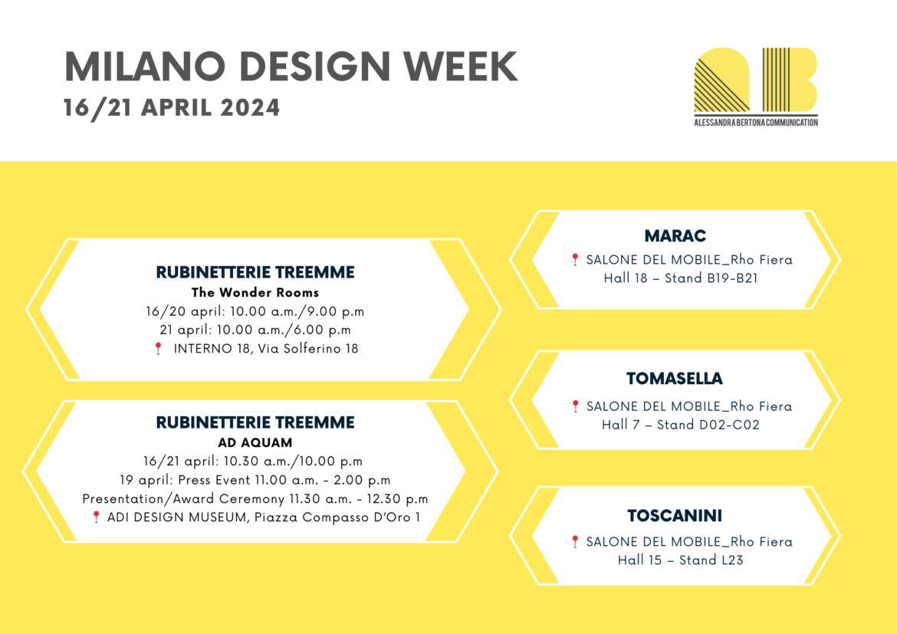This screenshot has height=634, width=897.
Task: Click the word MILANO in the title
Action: [x=146, y=67]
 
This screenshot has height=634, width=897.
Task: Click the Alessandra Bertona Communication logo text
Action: [x=756, y=123]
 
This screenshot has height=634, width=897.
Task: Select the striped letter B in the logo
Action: [x=790, y=80]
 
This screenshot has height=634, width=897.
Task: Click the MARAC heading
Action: [x=675, y=236]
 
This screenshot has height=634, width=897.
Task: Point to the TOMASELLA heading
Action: [x=675, y=378]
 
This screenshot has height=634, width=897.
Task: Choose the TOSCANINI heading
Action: [x=675, y=515]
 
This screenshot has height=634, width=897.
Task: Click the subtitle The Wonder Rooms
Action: [x=255, y=292]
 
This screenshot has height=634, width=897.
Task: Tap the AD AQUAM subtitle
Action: [x=255, y=442]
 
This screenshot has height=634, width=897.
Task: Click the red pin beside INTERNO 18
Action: [x=159, y=348]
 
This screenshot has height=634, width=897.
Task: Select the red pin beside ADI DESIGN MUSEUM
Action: [x=96, y=517]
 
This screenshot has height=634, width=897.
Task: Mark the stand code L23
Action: [x=732, y=560]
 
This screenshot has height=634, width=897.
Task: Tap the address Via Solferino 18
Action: [x=307, y=349]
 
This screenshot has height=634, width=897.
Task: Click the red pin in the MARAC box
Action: [x=575, y=259]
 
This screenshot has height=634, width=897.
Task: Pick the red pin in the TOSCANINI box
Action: [x=575, y=541]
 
